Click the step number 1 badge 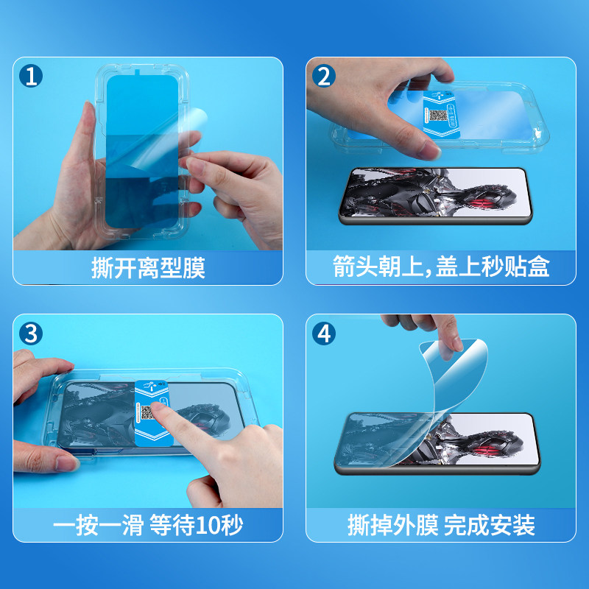(x=31, y=76)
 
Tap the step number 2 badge (x=324, y=76)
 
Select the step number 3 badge (x=31, y=334)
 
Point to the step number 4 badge (x=324, y=334)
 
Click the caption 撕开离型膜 (x=148, y=268)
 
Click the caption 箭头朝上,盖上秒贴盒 (x=441, y=267)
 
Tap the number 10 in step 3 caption (x=208, y=525)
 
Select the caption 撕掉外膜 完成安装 (x=441, y=525)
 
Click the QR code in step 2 (x=438, y=116)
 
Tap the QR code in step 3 (x=147, y=412)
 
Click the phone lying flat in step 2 (x=436, y=196)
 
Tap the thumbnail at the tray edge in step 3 (x=66, y=463)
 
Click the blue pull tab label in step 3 (x=153, y=412)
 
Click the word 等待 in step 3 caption (x=172, y=525)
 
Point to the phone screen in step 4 (x=437, y=440)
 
